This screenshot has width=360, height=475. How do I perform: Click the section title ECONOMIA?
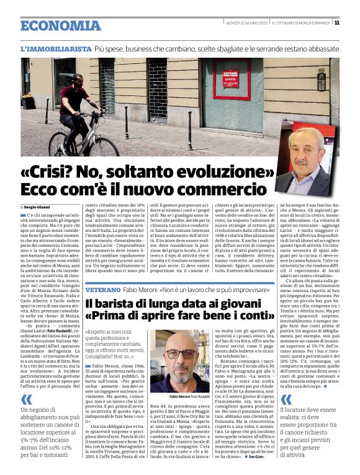click(60, 26)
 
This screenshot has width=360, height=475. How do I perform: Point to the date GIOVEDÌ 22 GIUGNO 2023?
click(246, 23)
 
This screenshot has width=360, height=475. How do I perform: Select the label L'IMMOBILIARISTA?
click(56, 48)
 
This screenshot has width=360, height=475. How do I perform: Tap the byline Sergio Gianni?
click(39, 206)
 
